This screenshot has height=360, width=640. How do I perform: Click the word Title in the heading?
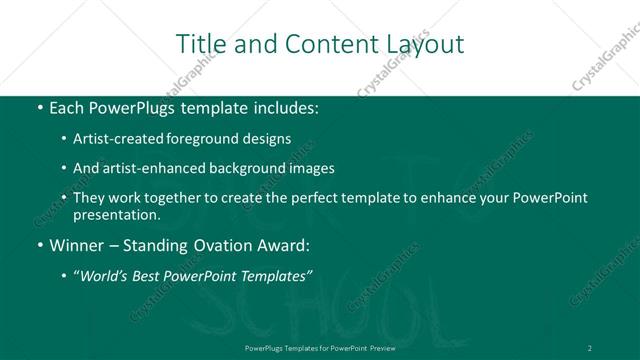(200, 44)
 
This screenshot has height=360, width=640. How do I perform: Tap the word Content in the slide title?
(321, 44)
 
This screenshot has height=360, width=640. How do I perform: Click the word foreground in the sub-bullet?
(209, 140)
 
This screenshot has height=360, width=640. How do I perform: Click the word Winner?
(77, 244)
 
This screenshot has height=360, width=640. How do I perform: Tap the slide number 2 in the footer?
(589, 347)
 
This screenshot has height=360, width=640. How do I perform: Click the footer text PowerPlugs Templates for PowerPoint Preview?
(320, 347)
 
